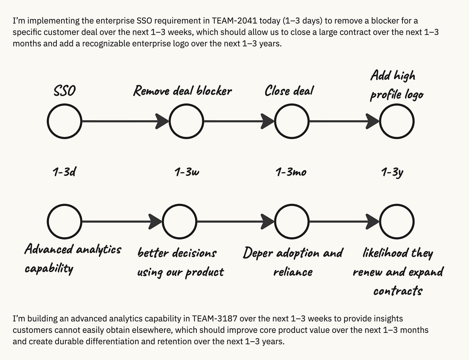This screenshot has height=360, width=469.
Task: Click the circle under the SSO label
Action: pos(64,122)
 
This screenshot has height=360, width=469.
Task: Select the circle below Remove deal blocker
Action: pos(186,122)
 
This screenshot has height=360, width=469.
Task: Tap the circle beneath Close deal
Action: pos(292,122)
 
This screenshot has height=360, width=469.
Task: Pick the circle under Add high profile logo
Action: pos(397,122)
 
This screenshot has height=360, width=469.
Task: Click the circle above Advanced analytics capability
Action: pos(64,222)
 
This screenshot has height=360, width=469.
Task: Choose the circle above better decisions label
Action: pos(179,222)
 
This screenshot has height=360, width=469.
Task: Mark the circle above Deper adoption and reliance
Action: pos(292,222)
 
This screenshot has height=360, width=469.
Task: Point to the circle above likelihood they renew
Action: pos(397,222)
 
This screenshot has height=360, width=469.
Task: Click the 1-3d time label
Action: pos(64,172)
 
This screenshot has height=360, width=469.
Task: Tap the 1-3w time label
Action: pos(187,172)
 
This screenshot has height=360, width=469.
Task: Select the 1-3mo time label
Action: pos(291,172)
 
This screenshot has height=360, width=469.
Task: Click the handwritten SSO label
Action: pos(64,91)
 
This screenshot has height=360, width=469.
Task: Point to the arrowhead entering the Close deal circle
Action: pos(268,122)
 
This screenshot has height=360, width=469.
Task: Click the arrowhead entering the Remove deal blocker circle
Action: pos(163,122)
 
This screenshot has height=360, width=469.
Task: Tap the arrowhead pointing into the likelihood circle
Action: pos(373,222)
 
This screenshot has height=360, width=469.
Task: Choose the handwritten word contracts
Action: pos(398,291)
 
